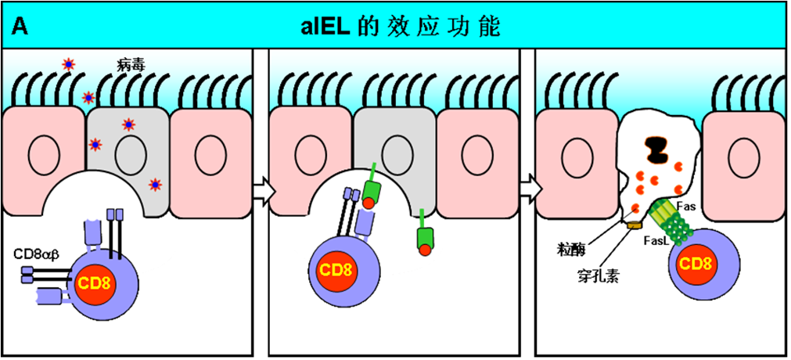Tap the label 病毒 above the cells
click(x=127, y=65)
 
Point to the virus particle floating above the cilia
click(x=67, y=64)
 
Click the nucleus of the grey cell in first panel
click(x=131, y=154)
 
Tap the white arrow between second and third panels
click(x=530, y=189)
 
